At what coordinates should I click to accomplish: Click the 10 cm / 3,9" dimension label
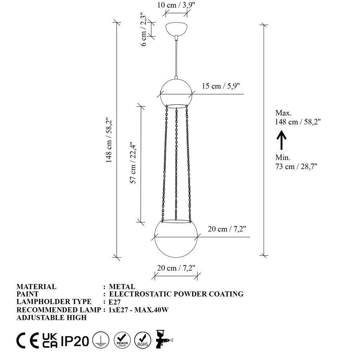click(x=176, y=5)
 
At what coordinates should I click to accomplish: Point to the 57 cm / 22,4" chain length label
click(x=133, y=163)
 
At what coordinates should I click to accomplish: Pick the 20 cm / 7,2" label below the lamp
click(x=176, y=268)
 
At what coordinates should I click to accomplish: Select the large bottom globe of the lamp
click(x=176, y=239)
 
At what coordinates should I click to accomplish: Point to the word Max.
click(x=283, y=113)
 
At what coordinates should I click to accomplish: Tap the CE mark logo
click(x=27, y=340)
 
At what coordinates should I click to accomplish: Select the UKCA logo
click(x=50, y=340)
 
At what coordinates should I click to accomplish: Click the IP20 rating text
click(x=75, y=340)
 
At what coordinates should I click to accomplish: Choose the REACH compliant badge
click(x=123, y=340)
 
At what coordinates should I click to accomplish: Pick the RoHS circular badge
click(x=143, y=340)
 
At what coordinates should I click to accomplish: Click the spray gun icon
click(x=163, y=339)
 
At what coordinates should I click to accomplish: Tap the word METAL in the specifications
click(x=122, y=287)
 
